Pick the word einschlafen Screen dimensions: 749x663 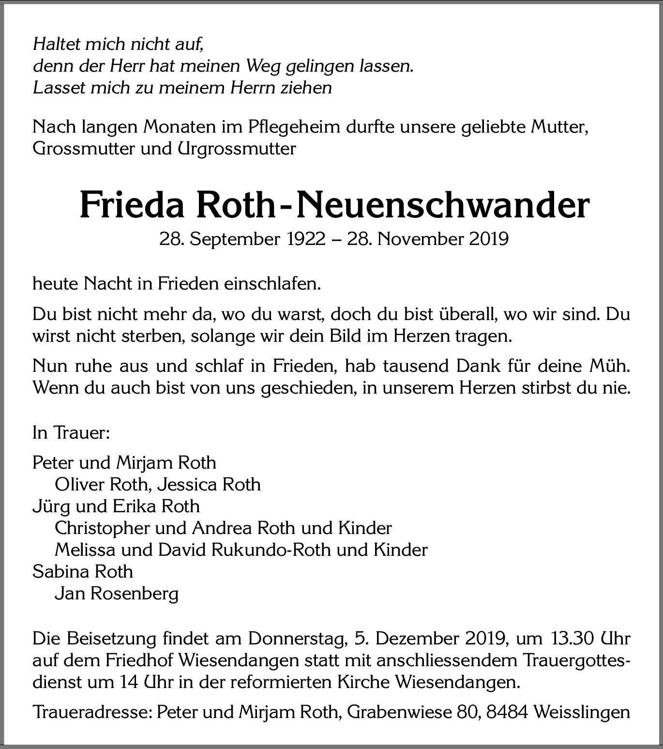coord(272,284)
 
